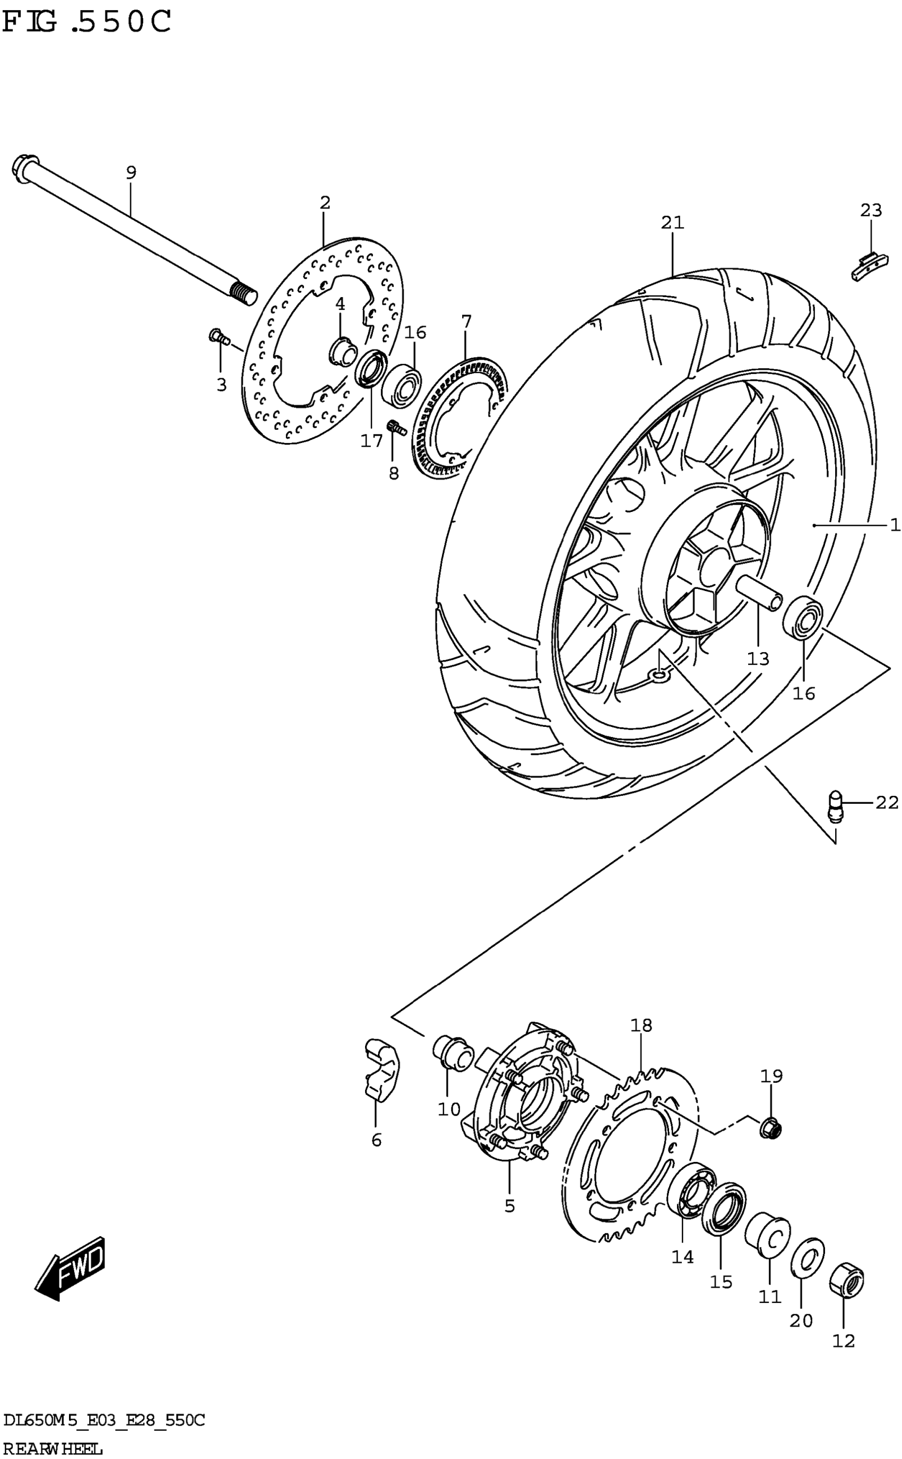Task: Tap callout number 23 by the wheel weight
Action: tap(870, 210)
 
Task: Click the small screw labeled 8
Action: tap(396, 427)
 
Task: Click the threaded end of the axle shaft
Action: tap(244, 294)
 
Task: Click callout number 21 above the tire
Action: tap(672, 222)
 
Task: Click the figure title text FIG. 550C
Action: tap(86, 23)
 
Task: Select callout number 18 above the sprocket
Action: tap(641, 1026)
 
